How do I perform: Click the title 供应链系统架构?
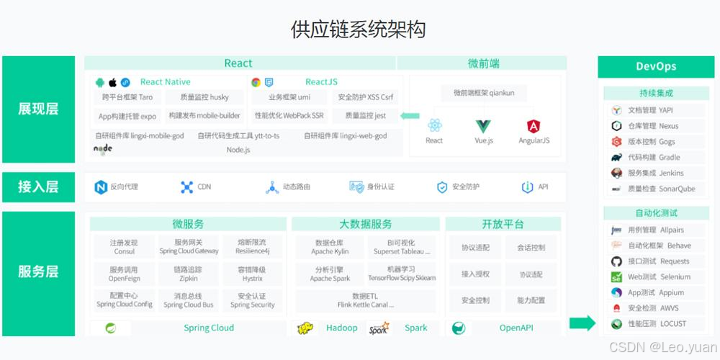pyautogui.click(x=358, y=30)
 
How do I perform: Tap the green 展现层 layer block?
pyautogui.click(x=38, y=109)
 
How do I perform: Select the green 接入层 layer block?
pyautogui.click(x=38, y=187)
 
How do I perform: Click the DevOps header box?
pyautogui.click(x=656, y=66)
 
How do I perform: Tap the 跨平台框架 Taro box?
pyautogui.click(x=127, y=97)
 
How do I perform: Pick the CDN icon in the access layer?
pyautogui.click(x=186, y=187)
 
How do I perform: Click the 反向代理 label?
pyautogui.click(x=124, y=187)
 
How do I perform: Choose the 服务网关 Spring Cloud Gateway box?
pyautogui.click(x=189, y=247)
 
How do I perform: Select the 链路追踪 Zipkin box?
pyautogui.click(x=189, y=274)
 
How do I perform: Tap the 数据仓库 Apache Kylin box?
pyautogui.click(x=330, y=247)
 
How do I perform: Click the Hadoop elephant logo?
pyautogui.click(x=305, y=328)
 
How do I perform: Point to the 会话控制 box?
pyautogui.click(x=531, y=248)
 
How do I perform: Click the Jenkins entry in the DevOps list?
pyautogui.click(x=656, y=173)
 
